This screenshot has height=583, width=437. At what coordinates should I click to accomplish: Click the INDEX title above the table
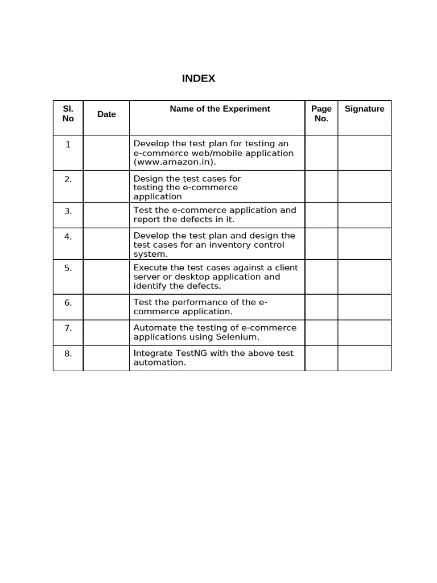pos(199,79)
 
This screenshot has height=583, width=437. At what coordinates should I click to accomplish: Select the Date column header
pos(106,114)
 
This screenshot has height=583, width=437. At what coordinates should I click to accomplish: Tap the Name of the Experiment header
pos(220,109)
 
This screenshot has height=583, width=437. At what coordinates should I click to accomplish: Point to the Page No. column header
pos(321,113)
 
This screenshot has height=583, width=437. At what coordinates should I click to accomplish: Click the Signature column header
pos(364,109)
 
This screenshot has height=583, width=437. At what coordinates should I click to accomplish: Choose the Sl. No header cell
pos(68,113)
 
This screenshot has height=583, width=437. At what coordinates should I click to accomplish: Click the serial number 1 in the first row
pos(68,145)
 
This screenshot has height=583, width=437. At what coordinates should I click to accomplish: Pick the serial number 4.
pos(68,236)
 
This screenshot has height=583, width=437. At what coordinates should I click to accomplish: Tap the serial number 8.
pos(68,354)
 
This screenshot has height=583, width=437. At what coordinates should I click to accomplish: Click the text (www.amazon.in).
pos(175,162)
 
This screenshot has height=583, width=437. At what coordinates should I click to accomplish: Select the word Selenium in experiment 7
pos(235,337)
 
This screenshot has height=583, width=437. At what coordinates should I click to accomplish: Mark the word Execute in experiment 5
pos(150,268)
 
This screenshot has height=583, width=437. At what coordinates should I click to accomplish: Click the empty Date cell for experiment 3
pos(106,215)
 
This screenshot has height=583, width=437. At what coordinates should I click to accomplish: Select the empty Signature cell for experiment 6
pos(364,307)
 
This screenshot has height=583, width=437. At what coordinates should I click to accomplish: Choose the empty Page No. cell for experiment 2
pos(321,187)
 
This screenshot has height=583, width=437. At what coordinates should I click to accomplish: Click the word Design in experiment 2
pos(147,179)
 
